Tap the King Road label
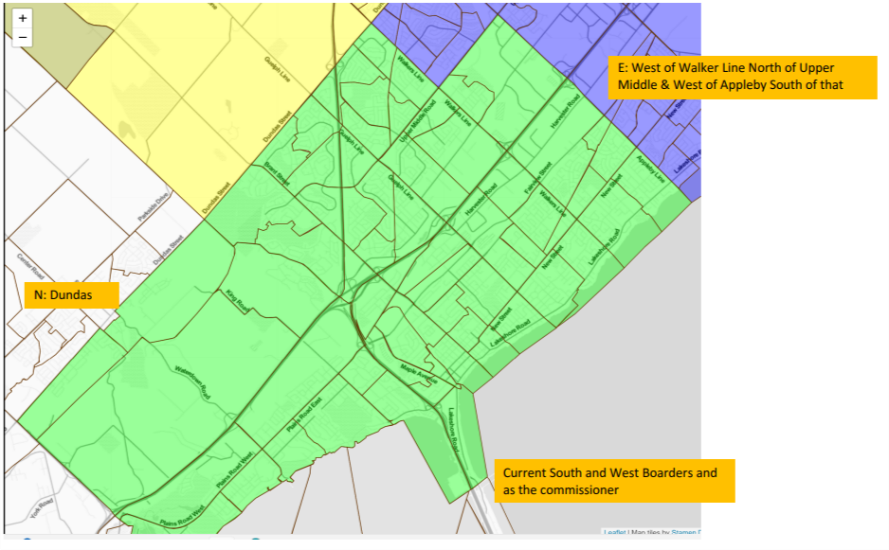[236, 301]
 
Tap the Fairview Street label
[537, 180]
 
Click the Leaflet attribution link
[613, 533]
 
